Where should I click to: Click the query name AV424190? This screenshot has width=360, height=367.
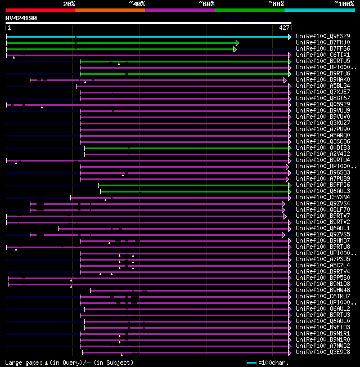pyautogui.click(x=21, y=18)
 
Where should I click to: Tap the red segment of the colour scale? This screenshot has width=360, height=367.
pyautogui.click(x=40, y=10)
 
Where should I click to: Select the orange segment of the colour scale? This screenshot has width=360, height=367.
pyautogui.click(x=110, y=10)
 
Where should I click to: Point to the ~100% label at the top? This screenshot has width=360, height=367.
pyautogui.click(x=344, y=4)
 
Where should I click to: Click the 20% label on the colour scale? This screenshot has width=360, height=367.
pyautogui.click(x=69, y=4)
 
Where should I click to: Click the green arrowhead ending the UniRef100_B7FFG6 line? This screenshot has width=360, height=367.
pyautogui.click(x=235, y=49)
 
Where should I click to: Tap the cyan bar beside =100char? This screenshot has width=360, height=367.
pyautogui.click(x=251, y=362)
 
